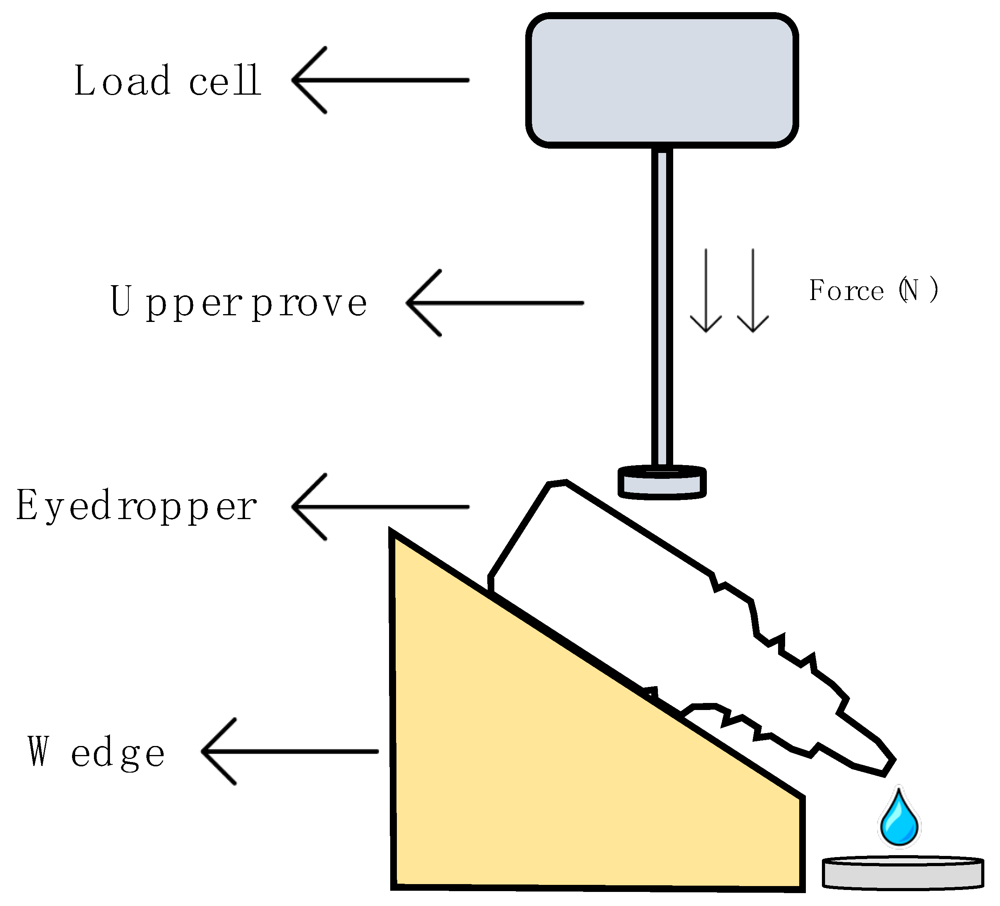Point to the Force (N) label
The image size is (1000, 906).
click(x=873, y=290)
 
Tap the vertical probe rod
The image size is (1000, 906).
click(x=662, y=307)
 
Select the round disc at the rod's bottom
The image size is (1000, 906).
click(x=662, y=482)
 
